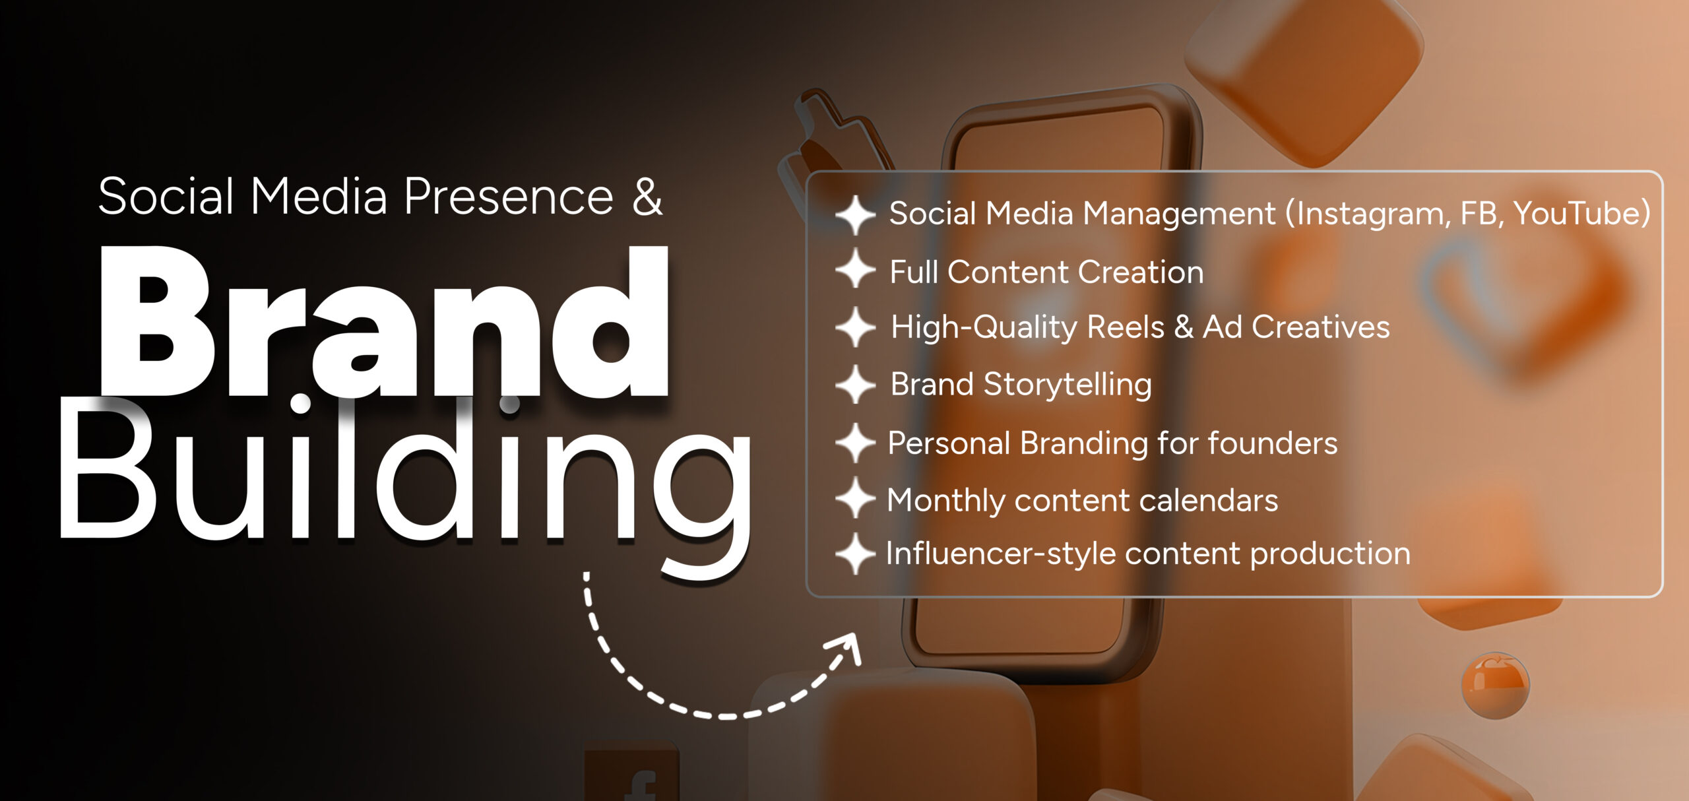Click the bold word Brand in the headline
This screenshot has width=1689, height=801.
(x=384, y=321)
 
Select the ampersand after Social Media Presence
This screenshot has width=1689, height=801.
(x=647, y=197)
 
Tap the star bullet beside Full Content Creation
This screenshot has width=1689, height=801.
(x=855, y=269)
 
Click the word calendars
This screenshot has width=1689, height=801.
(x=1208, y=500)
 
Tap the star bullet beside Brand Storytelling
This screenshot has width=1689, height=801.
(x=855, y=384)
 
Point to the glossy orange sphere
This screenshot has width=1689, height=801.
(x=1495, y=684)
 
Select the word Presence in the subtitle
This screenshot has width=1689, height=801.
(x=509, y=197)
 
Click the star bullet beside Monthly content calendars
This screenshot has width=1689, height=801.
(x=855, y=498)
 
